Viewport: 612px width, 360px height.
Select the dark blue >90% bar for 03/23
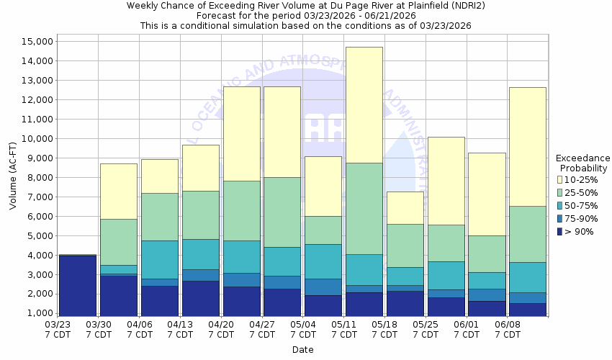pyautogui.click(x=78, y=286)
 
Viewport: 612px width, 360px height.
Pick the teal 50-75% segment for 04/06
pyautogui.click(x=159, y=259)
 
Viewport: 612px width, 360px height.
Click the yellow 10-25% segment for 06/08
pyautogui.click(x=527, y=146)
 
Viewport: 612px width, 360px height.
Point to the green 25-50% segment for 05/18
pyautogui.click(x=405, y=246)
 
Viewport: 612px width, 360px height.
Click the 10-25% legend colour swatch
pyautogui.click(x=560, y=179)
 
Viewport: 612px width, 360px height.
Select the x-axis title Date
pyautogui.click(x=302, y=350)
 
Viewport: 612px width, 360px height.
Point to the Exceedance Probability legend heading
pyautogui.click(x=583, y=163)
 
